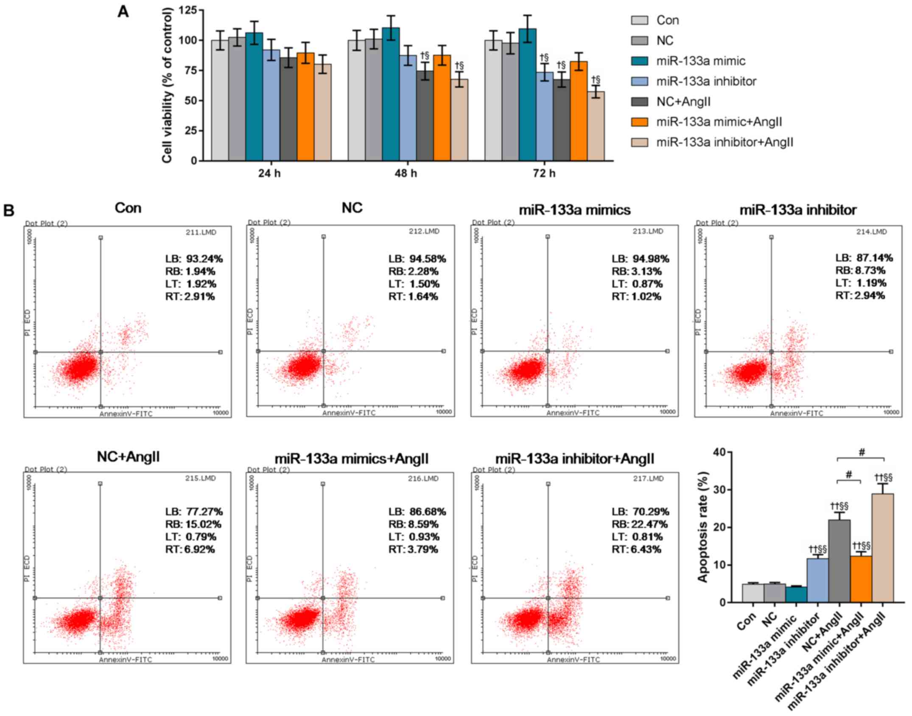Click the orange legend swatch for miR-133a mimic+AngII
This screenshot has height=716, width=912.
tap(639, 122)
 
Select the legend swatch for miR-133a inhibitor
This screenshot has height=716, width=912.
tap(639, 81)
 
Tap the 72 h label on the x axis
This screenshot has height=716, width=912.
tap(544, 173)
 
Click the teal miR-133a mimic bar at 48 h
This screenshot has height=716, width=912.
tap(391, 94)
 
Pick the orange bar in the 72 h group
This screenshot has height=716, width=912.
tap(579, 111)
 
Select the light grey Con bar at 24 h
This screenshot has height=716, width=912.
tap(220, 101)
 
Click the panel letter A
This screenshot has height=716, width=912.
tap(123, 12)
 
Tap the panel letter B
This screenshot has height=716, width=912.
tap(9, 211)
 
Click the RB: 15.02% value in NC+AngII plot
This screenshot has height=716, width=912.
tap(193, 524)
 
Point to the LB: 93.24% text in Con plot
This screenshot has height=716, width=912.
tap(194, 259)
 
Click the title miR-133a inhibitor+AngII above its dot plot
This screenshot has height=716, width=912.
tap(575, 459)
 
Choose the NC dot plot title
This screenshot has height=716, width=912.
tap(352, 208)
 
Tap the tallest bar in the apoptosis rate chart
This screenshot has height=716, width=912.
tap(882, 548)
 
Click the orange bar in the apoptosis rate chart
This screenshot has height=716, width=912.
tap(861, 579)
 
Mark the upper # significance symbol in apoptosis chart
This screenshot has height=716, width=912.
tap(862, 452)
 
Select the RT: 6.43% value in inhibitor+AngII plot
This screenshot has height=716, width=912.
tap(636, 550)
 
